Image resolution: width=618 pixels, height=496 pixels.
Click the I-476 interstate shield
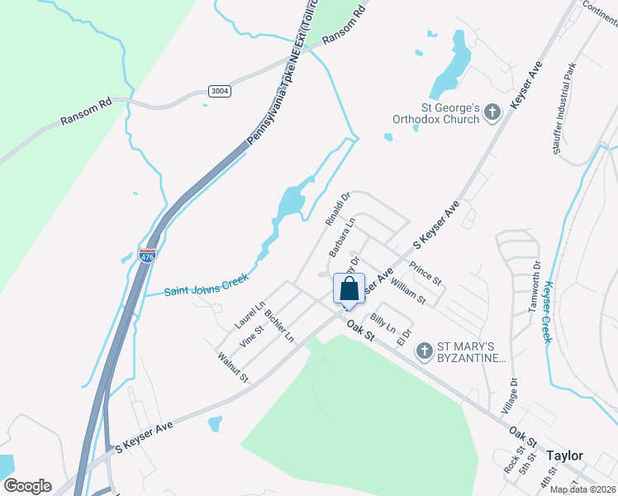(x=147, y=256)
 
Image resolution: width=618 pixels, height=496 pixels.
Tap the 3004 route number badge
(x=219, y=91)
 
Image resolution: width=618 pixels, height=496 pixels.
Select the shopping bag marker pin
(x=349, y=289)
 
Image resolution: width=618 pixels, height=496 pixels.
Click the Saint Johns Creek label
(x=206, y=286)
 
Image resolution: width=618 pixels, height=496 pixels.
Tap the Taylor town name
(x=564, y=455)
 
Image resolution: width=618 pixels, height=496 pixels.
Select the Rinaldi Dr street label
(x=338, y=207)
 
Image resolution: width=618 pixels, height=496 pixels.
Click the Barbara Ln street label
(x=341, y=236)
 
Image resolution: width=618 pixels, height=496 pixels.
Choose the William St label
(x=408, y=290)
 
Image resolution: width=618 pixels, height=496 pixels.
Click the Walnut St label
(x=232, y=366)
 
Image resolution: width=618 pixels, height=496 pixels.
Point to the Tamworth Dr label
(x=534, y=287)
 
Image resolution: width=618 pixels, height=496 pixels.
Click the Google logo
(x=27, y=485)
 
